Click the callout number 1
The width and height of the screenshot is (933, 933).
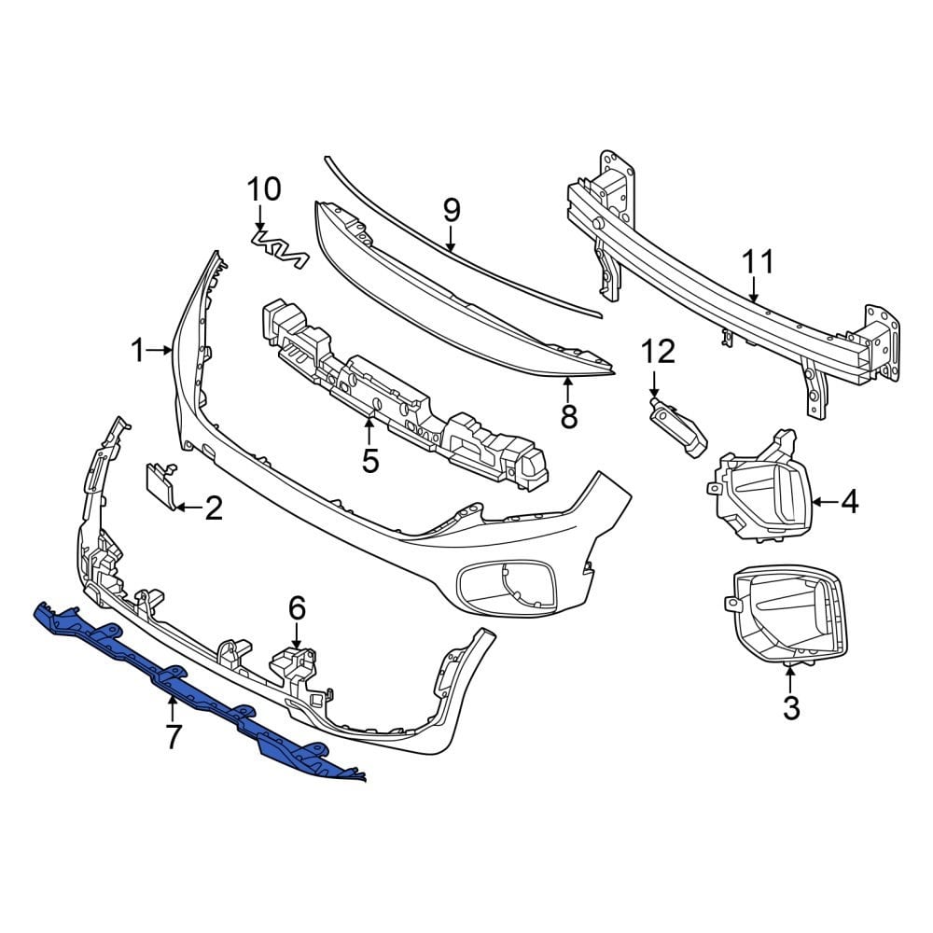(137, 352)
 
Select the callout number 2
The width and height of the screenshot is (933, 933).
(214, 508)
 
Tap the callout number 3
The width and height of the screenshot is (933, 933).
(791, 708)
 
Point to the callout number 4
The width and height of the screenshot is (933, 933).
(848, 502)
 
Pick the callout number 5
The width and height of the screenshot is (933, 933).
(370, 460)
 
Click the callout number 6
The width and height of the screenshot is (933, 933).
(297, 608)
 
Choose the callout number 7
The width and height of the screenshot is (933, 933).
(173, 737)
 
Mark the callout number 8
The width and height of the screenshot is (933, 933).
(568, 416)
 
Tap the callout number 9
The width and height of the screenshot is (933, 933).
(451, 211)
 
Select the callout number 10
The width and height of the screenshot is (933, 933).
(263, 189)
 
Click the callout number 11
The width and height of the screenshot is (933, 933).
(758, 262)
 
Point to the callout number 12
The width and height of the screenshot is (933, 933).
(657, 352)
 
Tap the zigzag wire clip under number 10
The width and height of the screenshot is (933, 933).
(280, 249)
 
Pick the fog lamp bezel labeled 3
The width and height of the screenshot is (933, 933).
(789, 616)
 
